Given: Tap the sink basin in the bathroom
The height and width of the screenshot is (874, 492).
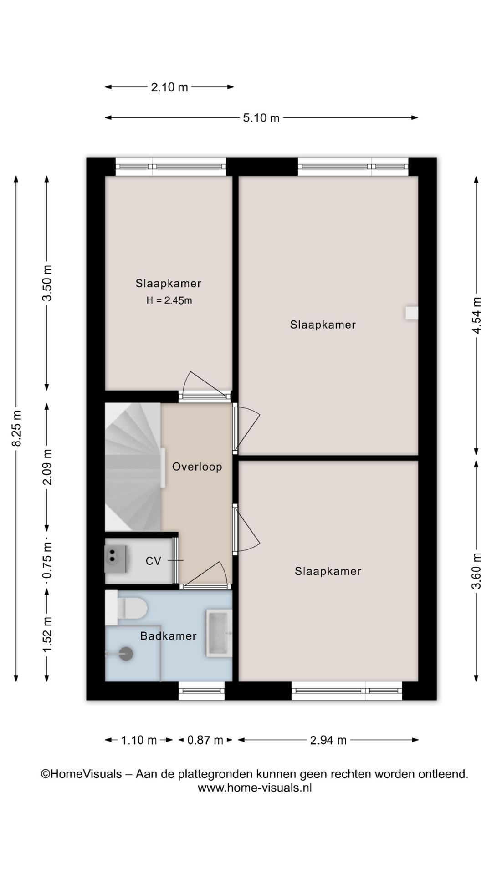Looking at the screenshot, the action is (x=219, y=633).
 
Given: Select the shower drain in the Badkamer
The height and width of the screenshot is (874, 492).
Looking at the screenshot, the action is (x=126, y=654).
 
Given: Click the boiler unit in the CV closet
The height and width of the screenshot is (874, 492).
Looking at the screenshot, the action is (x=116, y=559).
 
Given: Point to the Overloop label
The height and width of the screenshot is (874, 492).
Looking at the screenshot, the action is (x=197, y=467).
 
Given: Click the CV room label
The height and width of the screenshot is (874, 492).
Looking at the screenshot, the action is (x=154, y=561).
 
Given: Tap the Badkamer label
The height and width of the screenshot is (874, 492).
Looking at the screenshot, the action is (x=168, y=636).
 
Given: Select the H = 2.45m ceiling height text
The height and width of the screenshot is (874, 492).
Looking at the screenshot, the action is (x=169, y=300).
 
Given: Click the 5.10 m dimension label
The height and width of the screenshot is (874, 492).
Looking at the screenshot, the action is (x=261, y=118).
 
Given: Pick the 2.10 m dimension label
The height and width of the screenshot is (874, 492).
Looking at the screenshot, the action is (x=169, y=87).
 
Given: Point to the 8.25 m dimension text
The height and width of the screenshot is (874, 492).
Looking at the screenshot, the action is (x=16, y=428).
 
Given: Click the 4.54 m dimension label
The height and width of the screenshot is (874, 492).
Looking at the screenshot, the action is (x=477, y=315).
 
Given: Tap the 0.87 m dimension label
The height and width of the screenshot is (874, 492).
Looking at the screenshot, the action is (x=205, y=740).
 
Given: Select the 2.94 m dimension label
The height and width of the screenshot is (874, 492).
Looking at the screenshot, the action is (x=328, y=740).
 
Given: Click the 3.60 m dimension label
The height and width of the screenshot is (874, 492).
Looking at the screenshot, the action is (x=477, y=571).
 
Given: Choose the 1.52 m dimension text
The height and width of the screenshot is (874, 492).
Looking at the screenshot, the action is (x=47, y=634).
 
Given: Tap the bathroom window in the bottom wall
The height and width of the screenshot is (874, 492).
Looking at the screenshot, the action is (x=201, y=691).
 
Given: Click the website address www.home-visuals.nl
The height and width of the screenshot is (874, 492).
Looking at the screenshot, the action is (x=255, y=788).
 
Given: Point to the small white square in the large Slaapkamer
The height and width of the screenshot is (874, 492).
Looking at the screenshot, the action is (x=412, y=313).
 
